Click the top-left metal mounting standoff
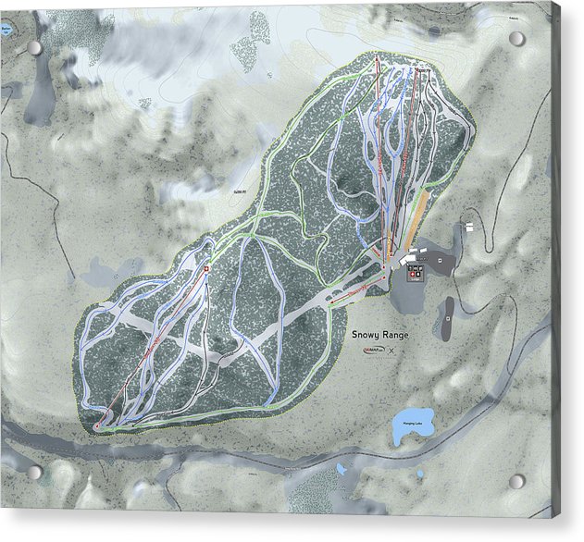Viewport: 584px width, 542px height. (x=34, y=47)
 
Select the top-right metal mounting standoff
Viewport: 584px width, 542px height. (x=516, y=39)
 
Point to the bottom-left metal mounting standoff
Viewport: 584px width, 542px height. (x=34, y=472)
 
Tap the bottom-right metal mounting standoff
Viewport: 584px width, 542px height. (x=516, y=481)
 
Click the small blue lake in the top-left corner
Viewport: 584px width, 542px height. (x=9, y=29)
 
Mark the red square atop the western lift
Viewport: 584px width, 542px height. (x=206, y=269)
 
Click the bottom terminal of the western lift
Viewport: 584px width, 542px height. (x=97, y=425)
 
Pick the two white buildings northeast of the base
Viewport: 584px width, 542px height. (x=473, y=226)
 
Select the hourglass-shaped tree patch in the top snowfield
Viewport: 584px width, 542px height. (x=245, y=42)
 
